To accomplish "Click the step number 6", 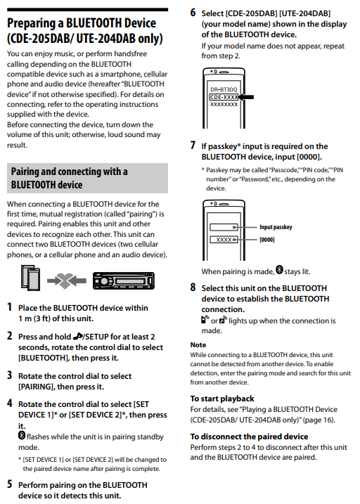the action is tap(193, 13).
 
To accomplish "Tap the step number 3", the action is tap(10, 375).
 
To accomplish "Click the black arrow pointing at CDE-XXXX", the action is tap(246, 97).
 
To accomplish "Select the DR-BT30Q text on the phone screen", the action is tap(224, 90).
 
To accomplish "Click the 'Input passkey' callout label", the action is tap(276, 227).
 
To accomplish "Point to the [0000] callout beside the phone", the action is tap(266, 240).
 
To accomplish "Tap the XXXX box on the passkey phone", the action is tap(224, 240).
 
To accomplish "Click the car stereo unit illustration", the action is tap(124, 280).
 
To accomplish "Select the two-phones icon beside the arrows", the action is tap(30, 278).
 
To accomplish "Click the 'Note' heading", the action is tap(198, 345).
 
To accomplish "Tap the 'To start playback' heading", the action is tap(222, 399).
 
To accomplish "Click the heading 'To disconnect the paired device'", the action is tap(249, 437).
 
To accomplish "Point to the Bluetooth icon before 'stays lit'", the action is tap(279, 270).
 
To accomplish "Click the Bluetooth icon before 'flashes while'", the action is tap(22, 435).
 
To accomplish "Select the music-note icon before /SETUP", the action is tap(78, 336).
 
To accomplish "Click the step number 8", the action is tap(193, 287).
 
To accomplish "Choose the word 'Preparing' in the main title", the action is tap(31, 23).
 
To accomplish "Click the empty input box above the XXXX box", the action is tap(224, 227).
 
